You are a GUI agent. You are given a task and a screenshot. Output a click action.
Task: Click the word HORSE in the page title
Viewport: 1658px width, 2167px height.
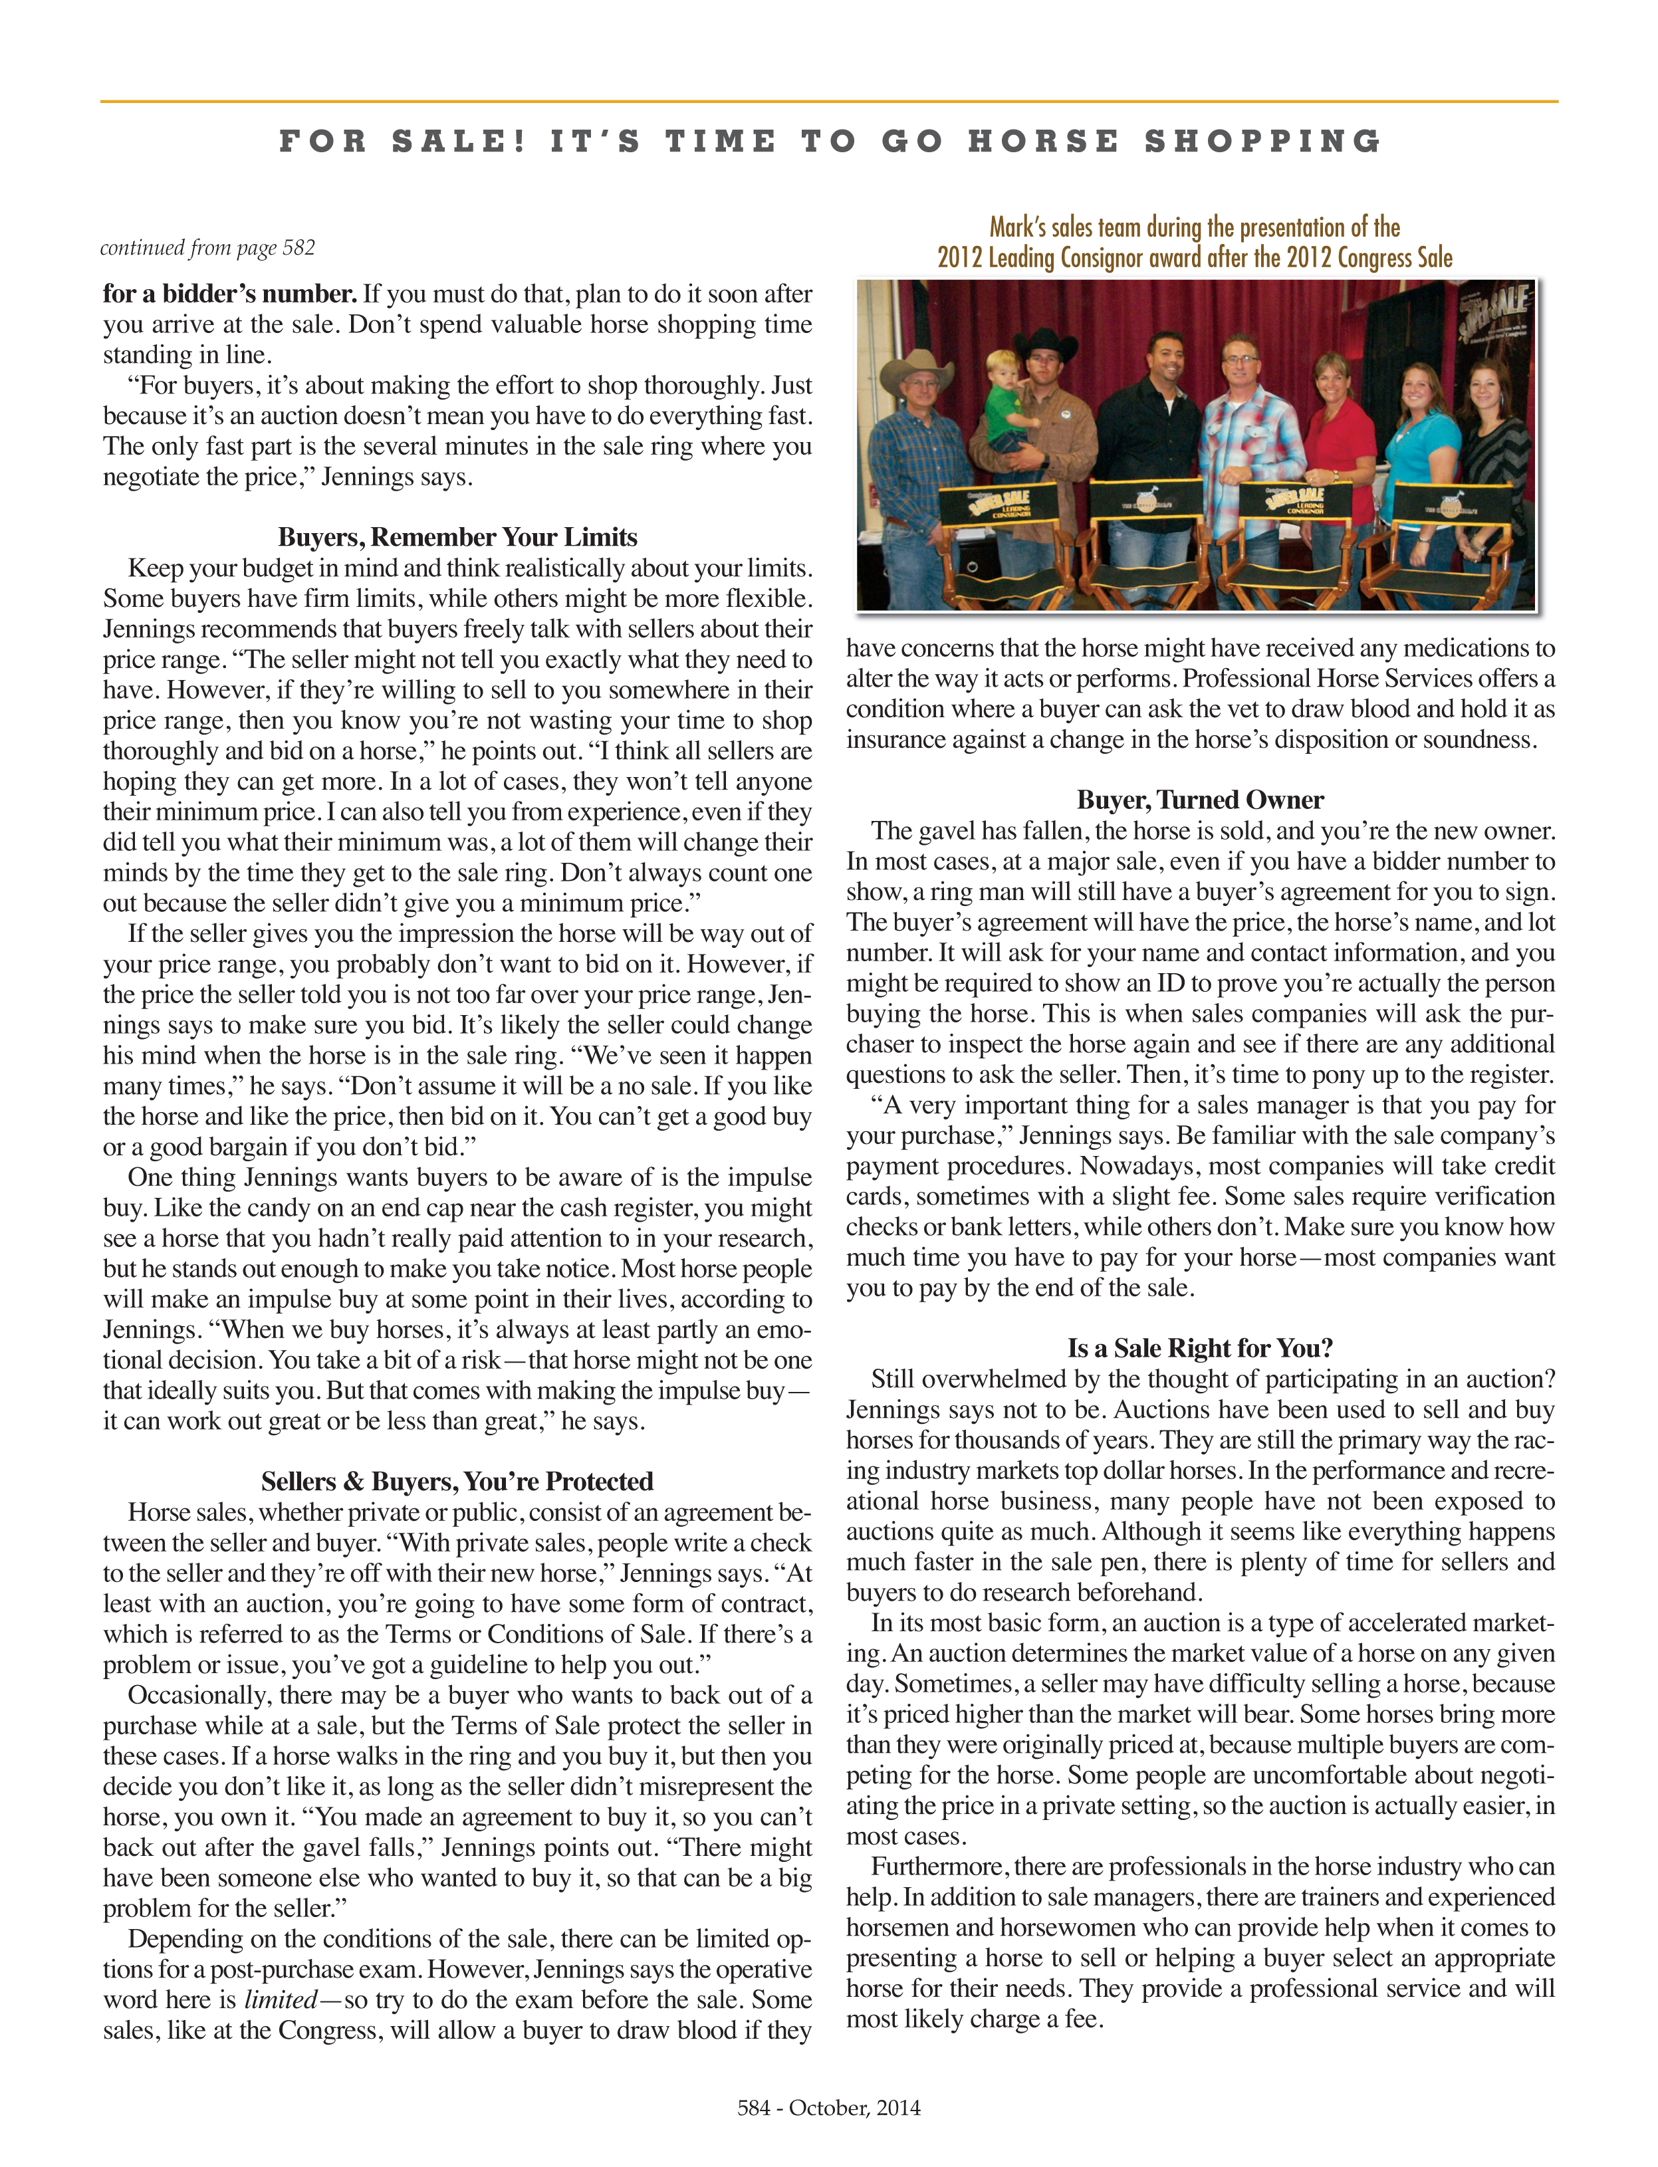1043,141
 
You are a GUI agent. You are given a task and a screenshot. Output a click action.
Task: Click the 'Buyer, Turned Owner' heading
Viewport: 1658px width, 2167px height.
1199,799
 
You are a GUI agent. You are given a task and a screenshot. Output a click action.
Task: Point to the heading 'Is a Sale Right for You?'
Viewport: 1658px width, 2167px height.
1199,1348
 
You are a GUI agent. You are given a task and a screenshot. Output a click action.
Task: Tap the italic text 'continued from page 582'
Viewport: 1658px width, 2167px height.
207,248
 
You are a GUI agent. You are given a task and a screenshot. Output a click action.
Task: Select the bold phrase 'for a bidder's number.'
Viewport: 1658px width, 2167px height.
229,294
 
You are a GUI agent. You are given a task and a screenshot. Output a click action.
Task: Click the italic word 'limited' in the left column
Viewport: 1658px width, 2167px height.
281,2000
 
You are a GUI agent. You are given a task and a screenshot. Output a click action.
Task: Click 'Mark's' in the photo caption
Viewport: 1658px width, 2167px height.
1012,228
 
